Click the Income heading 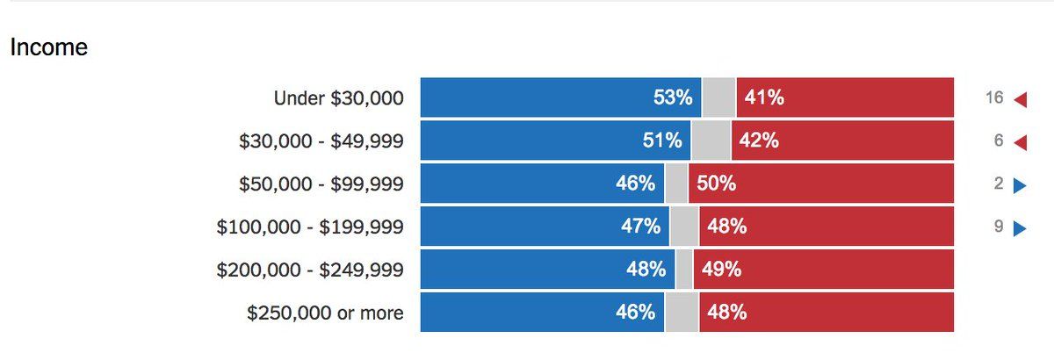48,47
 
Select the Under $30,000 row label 339,97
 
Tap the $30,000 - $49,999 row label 321,140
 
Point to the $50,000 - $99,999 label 321,184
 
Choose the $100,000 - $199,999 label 310,227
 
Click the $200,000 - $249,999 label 310,270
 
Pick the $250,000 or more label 325,313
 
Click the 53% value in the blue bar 673,97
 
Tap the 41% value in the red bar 764,97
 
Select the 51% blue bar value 662,140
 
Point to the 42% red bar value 759,140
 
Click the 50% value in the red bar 716,184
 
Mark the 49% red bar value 721,270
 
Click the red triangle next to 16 1020,99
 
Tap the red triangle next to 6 1020,142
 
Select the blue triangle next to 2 1020,185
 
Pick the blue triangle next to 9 1020,228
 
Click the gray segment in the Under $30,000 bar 718,97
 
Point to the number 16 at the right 994,97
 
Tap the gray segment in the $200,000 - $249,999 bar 684,270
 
